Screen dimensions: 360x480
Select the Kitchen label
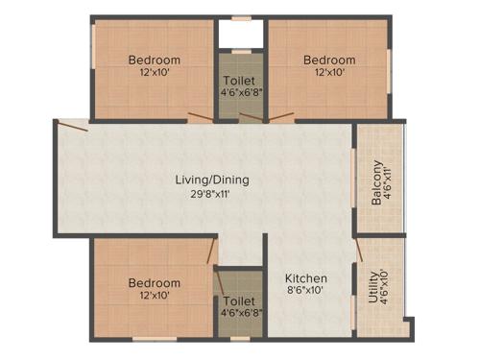point(307,278)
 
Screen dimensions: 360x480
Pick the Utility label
point(373,287)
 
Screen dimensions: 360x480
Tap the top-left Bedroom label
point(155,60)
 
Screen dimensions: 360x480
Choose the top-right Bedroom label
point(329,60)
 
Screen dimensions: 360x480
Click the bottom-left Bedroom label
point(155,283)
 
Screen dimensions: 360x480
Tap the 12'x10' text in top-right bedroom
point(329,72)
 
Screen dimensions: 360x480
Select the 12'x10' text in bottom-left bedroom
point(155,296)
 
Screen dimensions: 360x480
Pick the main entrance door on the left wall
point(72,124)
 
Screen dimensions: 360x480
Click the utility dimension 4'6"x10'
point(386,287)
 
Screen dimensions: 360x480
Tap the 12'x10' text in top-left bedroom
point(155,72)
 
